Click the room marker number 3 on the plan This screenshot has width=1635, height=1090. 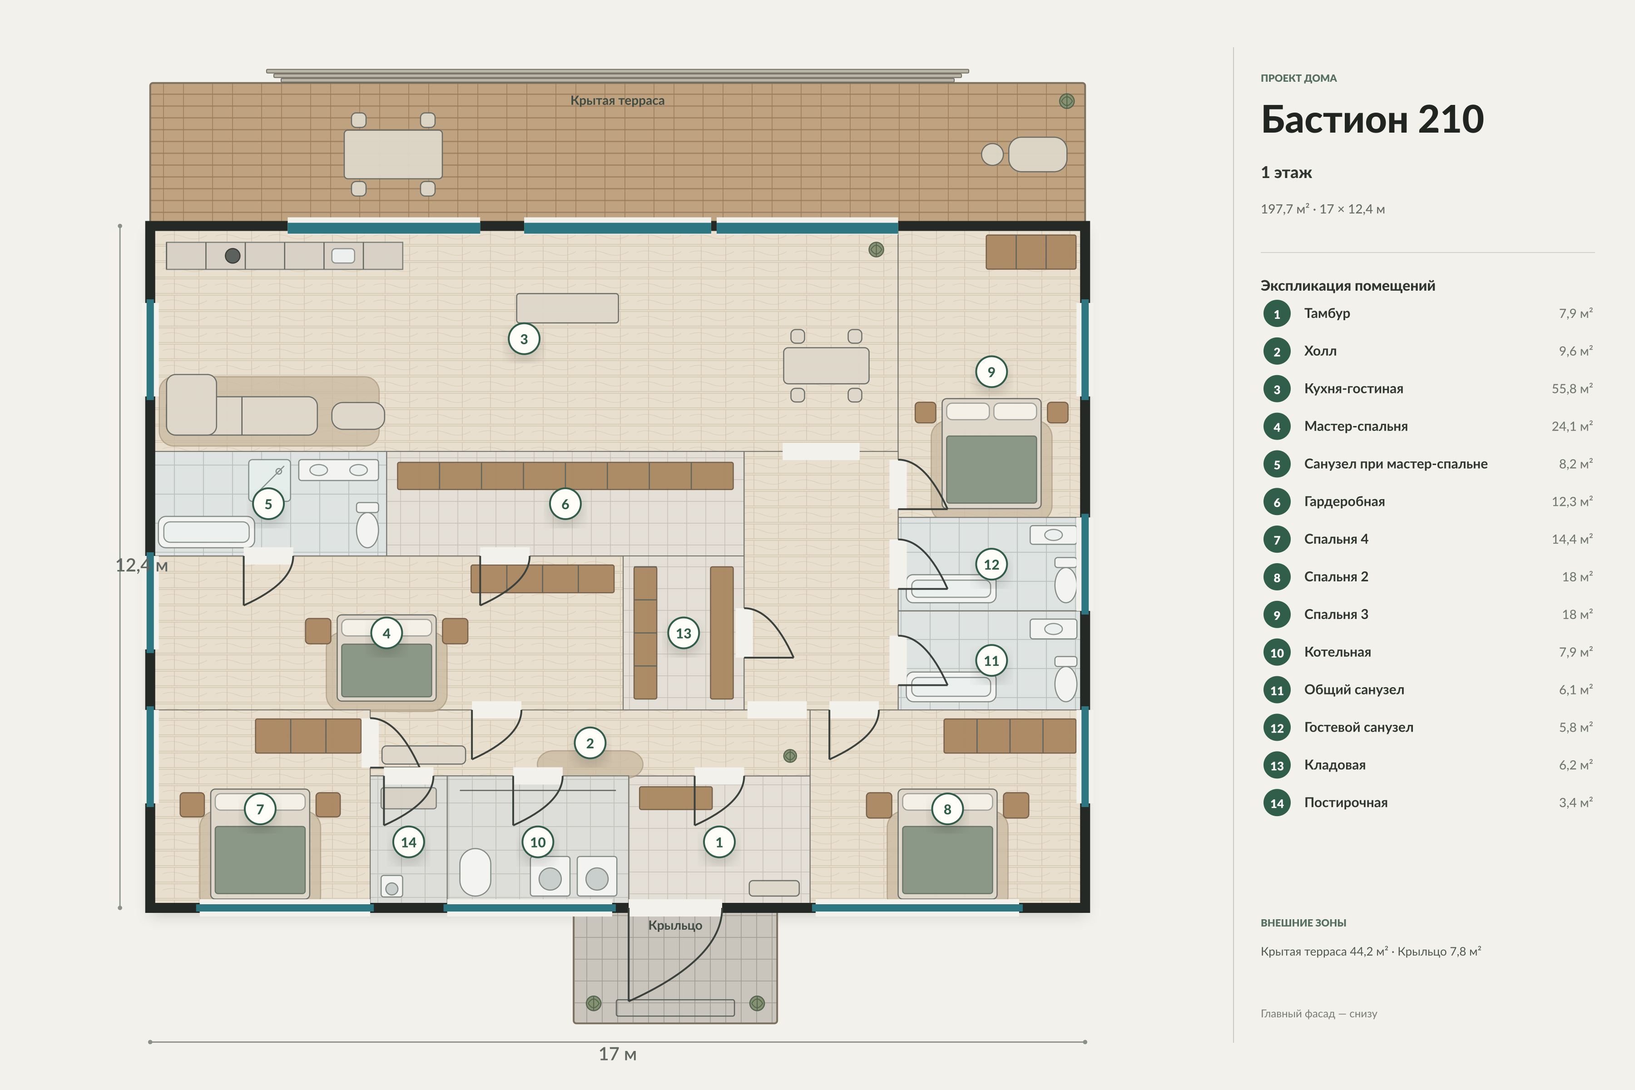click(524, 339)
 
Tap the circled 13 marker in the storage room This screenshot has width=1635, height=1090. click(684, 633)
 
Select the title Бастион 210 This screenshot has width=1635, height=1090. click(1372, 119)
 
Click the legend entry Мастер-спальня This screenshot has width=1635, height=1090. click(1356, 426)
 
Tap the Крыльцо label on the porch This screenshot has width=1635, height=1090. click(675, 925)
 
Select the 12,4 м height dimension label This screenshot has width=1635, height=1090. click(142, 565)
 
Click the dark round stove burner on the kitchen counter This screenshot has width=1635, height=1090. click(233, 256)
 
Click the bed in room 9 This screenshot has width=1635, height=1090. click(991, 453)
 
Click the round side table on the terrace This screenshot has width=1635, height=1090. click(992, 154)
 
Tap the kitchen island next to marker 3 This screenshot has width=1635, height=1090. click(567, 308)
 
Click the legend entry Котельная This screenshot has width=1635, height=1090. click(1338, 652)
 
